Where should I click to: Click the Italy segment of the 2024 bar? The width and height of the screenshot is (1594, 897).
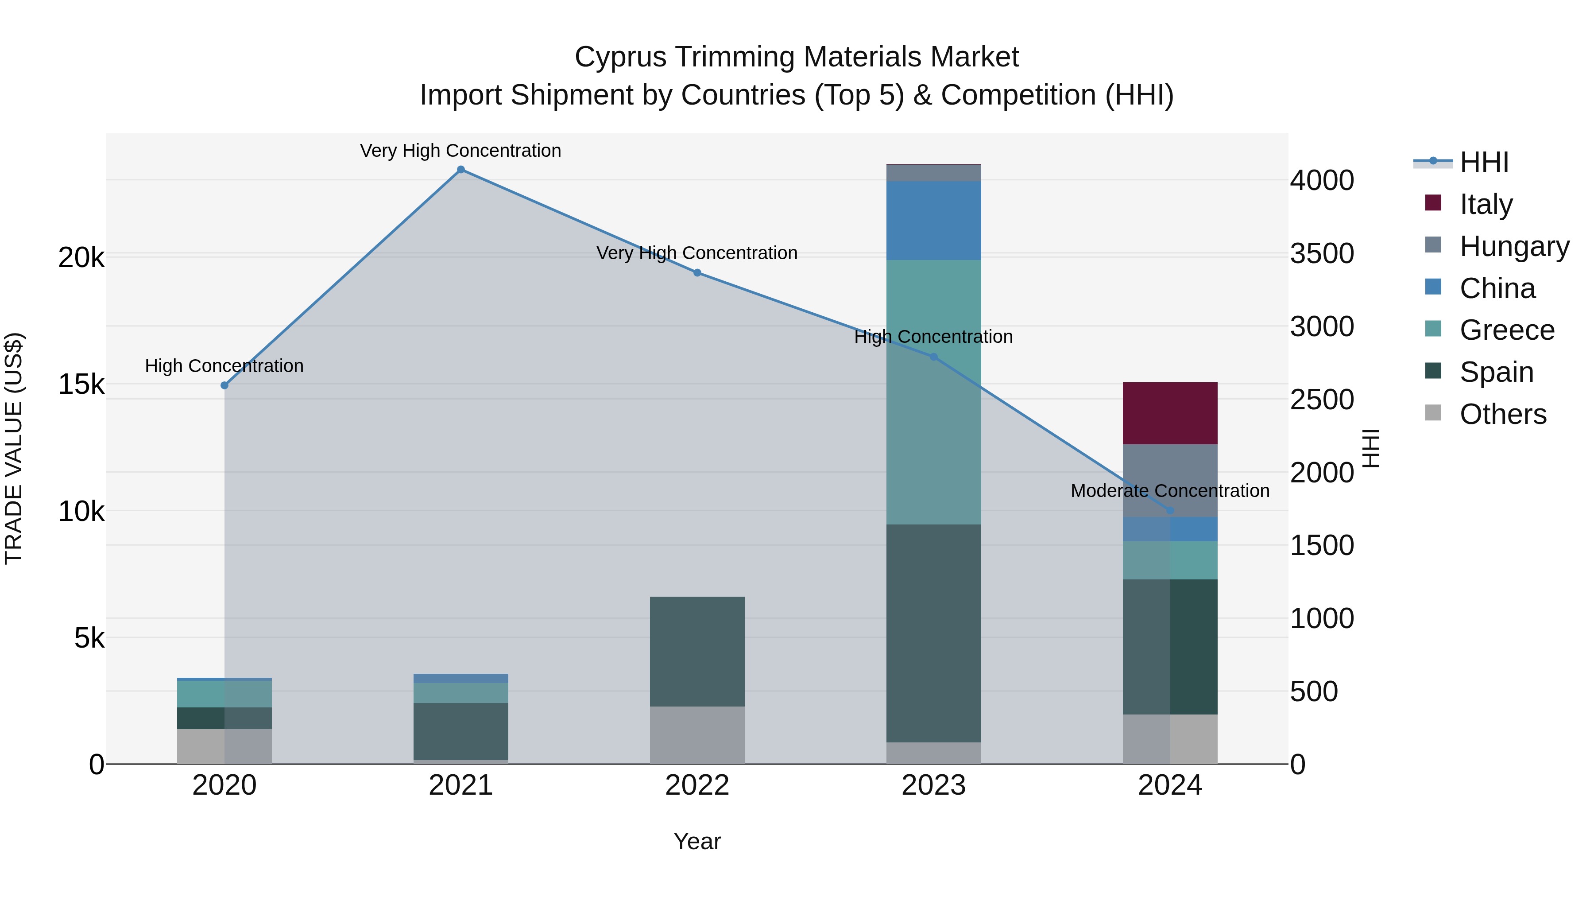pyautogui.click(x=1169, y=413)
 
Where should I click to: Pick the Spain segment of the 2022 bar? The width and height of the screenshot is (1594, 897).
pyautogui.click(x=697, y=651)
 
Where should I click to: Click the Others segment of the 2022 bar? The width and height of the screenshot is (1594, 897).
pyautogui.click(x=697, y=735)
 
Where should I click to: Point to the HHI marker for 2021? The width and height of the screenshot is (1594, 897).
pyautogui.click(x=460, y=170)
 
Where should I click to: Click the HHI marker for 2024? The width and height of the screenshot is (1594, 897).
pyautogui.click(x=1169, y=511)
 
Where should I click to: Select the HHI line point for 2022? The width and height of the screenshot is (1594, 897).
pyautogui.click(x=697, y=272)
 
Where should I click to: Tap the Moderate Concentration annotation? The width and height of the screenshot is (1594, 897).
pyautogui.click(x=1169, y=491)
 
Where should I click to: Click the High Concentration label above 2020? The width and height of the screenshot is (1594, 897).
pyautogui.click(x=224, y=366)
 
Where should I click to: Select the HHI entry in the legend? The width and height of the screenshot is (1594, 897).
pyautogui.click(x=1483, y=162)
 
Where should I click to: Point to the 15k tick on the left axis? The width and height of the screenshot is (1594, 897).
pyautogui.click(x=81, y=384)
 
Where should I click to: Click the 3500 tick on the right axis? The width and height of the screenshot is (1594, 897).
pyautogui.click(x=1322, y=254)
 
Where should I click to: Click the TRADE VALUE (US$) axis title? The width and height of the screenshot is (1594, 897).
pyautogui.click(x=14, y=448)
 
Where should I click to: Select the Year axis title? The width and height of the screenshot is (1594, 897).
pyautogui.click(x=697, y=841)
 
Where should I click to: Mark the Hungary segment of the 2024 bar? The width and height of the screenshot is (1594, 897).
pyautogui.click(x=1169, y=480)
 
